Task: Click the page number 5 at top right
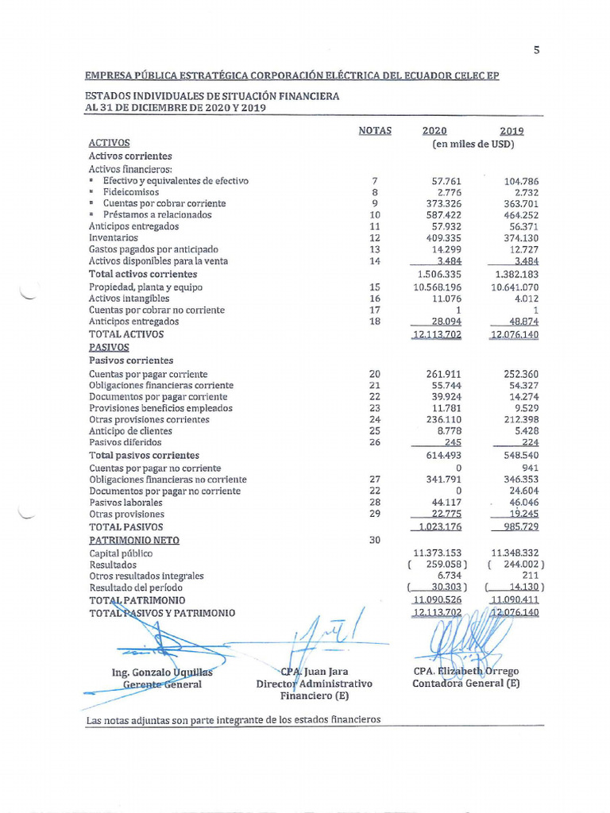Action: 536,50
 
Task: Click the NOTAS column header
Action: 375,131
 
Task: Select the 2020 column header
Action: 434,131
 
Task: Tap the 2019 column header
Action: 512,131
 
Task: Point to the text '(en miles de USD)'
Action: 473,144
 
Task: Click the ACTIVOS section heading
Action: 109,143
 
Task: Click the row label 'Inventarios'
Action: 113,237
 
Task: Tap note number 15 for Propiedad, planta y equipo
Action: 375,287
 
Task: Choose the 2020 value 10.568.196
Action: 436,287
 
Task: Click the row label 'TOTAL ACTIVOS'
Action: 126,334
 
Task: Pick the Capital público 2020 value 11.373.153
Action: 438,553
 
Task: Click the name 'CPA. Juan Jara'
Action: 315,672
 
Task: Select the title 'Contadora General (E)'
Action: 465,684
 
